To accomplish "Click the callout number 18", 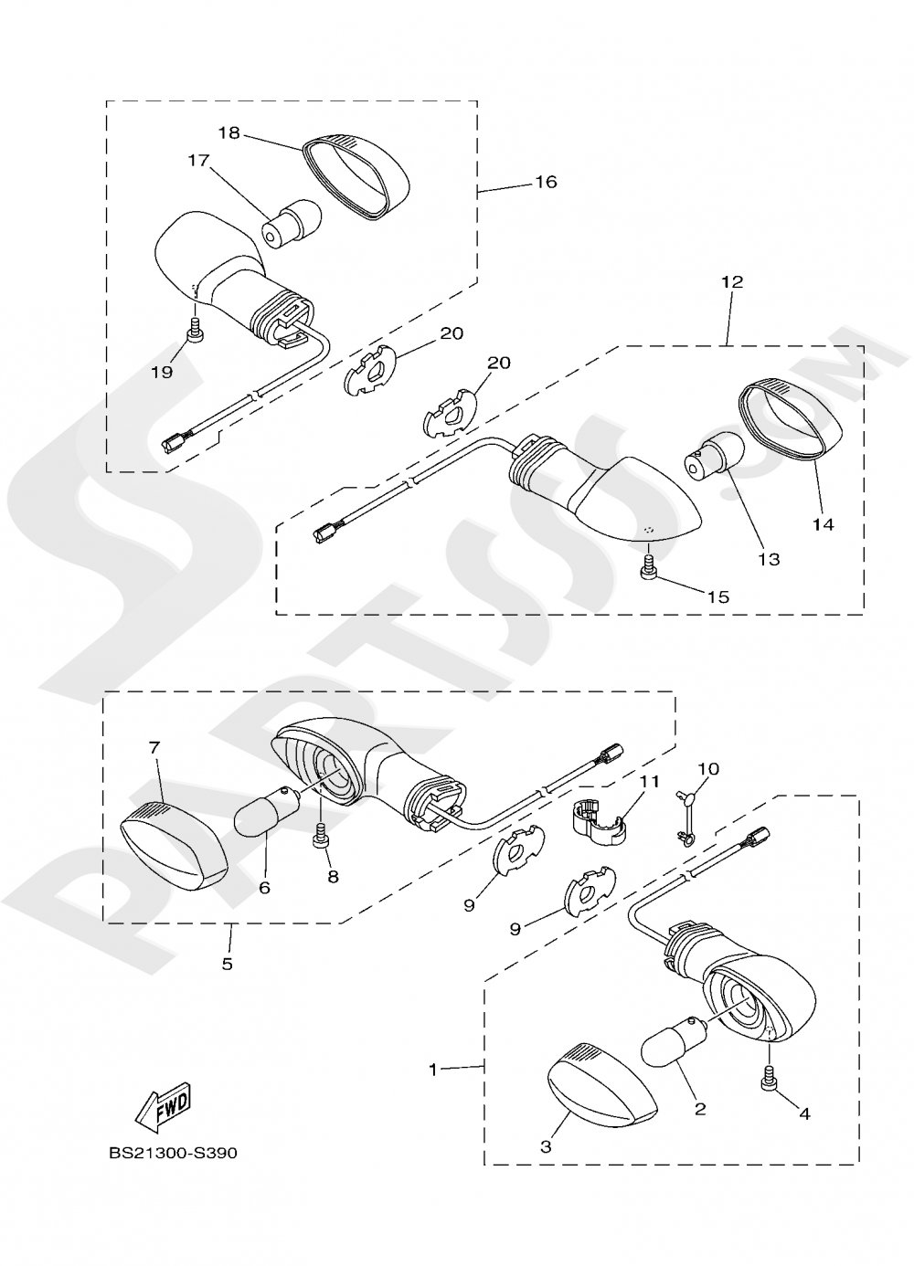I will click(x=228, y=132).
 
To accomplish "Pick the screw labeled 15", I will click(x=649, y=568).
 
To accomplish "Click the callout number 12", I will click(x=731, y=282).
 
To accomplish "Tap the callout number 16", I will click(x=545, y=182).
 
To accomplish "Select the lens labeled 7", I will click(x=174, y=846).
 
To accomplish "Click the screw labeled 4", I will click(x=770, y=1080).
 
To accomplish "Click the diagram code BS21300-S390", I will click(x=173, y=1153).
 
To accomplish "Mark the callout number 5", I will click(x=227, y=963).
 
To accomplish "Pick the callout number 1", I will click(x=433, y=1067).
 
